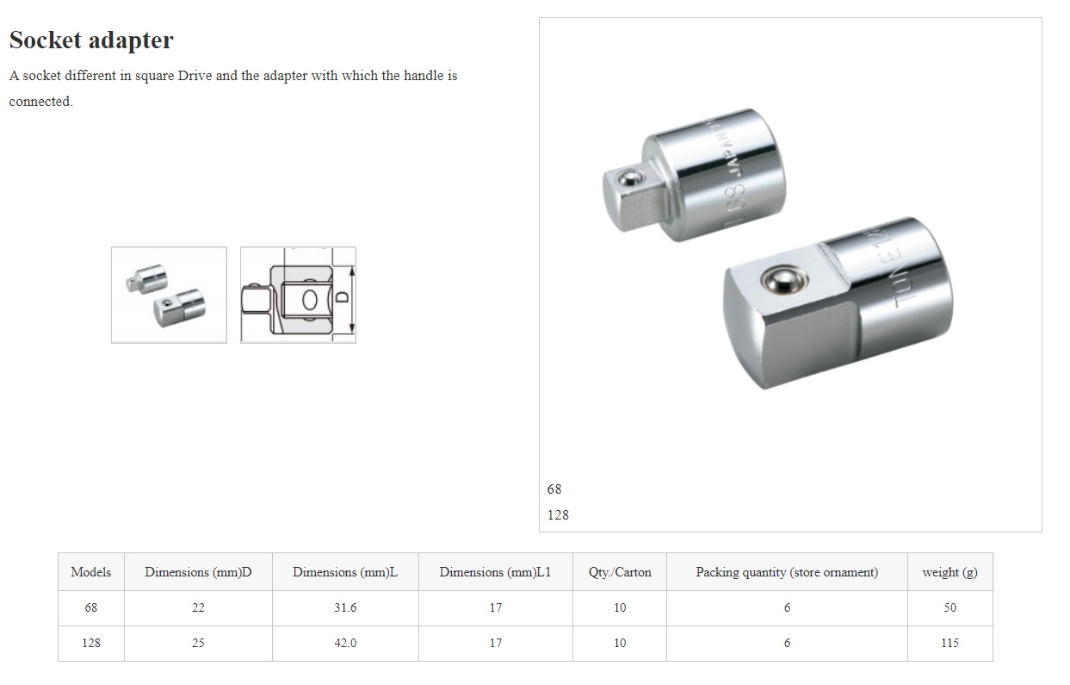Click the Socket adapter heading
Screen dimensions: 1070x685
click(91, 40)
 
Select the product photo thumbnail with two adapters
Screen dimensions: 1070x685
click(169, 295)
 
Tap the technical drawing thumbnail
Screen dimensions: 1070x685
click(298, 295)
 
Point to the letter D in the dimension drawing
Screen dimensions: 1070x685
click(342, 297)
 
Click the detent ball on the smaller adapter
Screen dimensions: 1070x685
click(629, 178)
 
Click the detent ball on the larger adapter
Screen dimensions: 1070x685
click(784, 280)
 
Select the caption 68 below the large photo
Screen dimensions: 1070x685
click(554, 489)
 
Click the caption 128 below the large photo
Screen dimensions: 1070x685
click(558, 514)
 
